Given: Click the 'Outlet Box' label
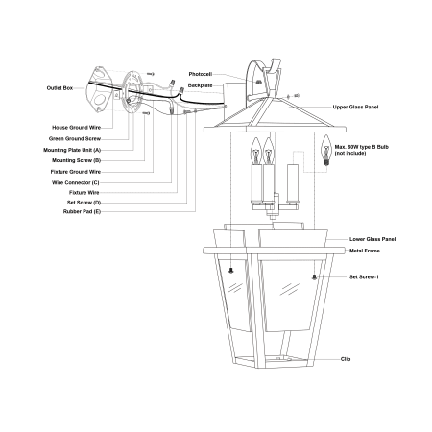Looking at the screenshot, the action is (x=60, y=88).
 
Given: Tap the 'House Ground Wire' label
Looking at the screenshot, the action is (x=77, y=128).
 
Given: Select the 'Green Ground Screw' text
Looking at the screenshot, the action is (x=75, y=138).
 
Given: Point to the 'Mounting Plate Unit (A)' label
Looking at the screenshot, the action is (x=72, y=150).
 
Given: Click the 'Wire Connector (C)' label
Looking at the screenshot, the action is (x=76, y=182).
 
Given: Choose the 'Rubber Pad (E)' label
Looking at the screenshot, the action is (x=82, y=211).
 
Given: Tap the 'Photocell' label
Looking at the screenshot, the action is (x=201, y=74).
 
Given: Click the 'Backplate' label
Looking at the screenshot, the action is (x=200, y=85).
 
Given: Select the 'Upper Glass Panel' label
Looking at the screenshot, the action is (x=355, y=107).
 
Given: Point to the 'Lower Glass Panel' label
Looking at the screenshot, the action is (x=372, y=239).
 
